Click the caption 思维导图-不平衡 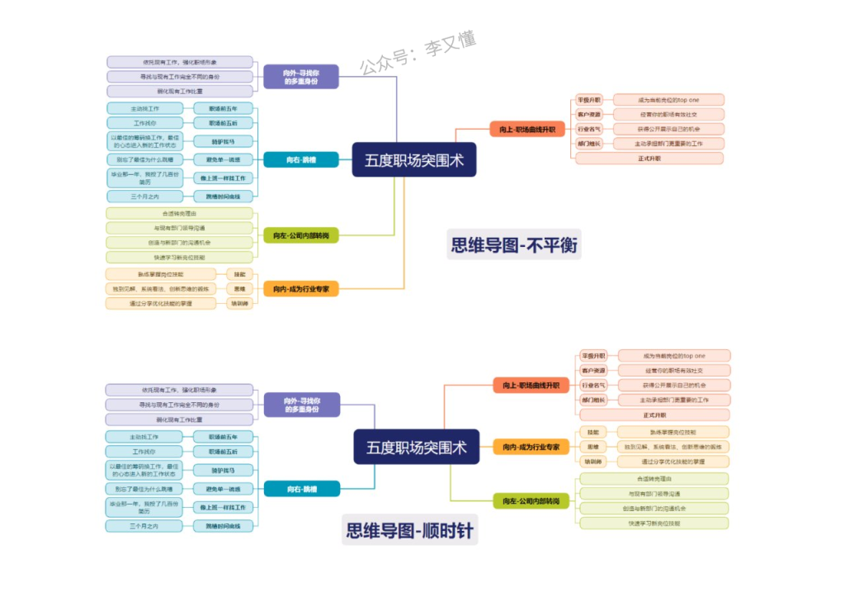pos(514,245)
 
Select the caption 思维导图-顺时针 pos(409,530)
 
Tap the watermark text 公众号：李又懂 pos(418,54)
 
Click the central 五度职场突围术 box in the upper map pos(414,160)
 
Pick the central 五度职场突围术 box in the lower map pos(416,448)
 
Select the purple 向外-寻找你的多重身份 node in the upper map pos(301,77)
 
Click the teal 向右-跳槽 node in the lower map pos(301,489)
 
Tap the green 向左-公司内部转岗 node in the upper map pos(301,236)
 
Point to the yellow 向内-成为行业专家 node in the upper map pos(301,289)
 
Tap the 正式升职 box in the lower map pos(654,415)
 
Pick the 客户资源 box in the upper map pos(589,114)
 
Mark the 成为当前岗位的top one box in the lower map pos(674,356)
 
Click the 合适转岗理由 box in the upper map pos(179,213)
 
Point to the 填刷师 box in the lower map pos(592,462)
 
